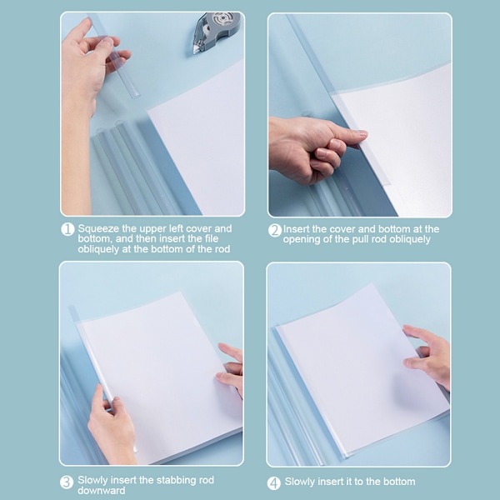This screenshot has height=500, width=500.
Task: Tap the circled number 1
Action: (67, 229)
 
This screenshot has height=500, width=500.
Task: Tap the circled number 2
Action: (274, 230)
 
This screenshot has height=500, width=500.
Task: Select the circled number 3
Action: (67, 482)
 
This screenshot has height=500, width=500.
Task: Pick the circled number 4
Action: (273, 483)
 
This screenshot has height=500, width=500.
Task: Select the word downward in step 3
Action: (102, 490)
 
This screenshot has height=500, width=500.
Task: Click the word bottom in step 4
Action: (399, 482)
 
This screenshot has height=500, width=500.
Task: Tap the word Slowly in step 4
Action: (300, 482)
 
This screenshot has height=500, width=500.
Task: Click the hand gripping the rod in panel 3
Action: (111, 424)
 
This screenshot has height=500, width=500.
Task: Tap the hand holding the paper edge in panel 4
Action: (428, 356)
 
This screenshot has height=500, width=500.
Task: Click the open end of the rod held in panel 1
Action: (135, 95)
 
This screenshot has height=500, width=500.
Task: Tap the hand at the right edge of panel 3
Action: (231, 370)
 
